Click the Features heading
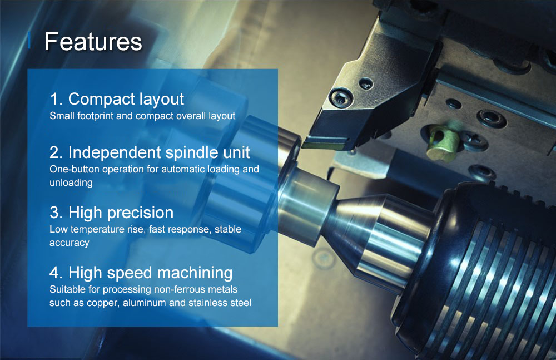(93, 42)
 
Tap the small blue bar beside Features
(29, 40)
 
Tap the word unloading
(71, 183)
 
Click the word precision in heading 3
(141, 213)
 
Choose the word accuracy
(69, 243)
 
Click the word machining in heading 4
(195, 273)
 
